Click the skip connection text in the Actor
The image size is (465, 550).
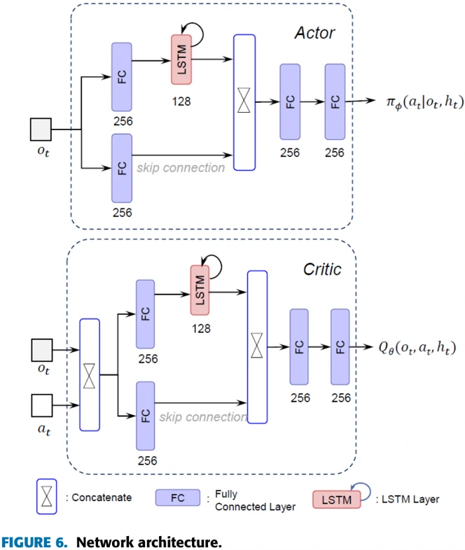181,168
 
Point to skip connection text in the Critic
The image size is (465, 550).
202,417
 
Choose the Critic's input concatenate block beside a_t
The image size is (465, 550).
90,374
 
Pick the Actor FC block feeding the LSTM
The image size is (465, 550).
122,76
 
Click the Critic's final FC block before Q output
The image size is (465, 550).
341,348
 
